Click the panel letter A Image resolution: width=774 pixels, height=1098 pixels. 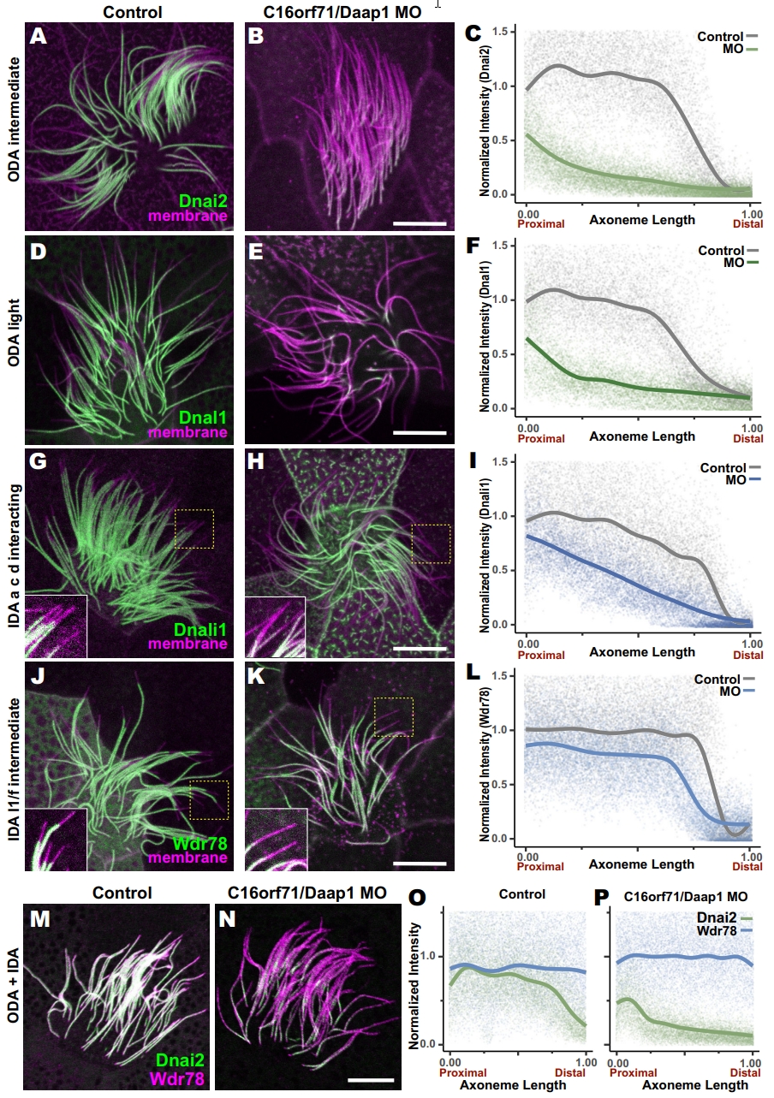[38, 37]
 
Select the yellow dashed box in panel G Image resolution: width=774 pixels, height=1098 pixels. [194, 528]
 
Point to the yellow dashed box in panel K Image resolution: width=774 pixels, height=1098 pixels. [394, 716]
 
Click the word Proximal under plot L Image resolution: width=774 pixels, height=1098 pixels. [540, 867]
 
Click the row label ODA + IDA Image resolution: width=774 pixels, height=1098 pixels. [12, 997]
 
